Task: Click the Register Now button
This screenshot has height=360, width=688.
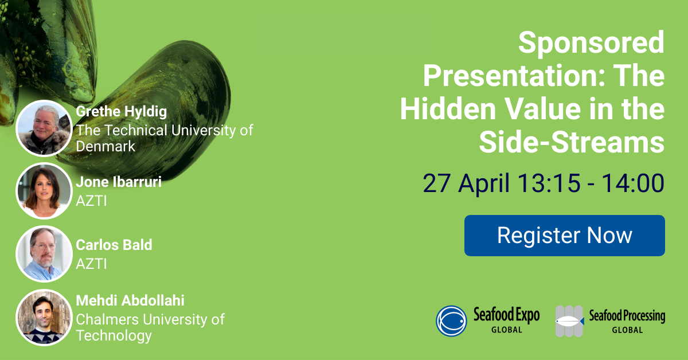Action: (x=565, y=236)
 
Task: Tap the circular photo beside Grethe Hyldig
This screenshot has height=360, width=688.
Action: (x=44, y=128)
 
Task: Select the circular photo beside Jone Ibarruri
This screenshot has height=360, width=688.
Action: (x=44, y=191)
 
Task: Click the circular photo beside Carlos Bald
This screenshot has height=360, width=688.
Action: (x=44, y=254)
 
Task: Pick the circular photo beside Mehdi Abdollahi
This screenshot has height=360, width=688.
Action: (x=44, y=318)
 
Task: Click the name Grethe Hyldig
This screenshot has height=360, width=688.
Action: (x=122, y=112)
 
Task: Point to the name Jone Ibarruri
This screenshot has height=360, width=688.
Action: (x=119, y=182)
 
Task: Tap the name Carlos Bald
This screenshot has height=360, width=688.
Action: (x=114, y=245)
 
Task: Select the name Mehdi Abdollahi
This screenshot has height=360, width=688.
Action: (x=130, y=300)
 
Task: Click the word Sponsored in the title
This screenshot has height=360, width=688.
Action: (x=592, y=43)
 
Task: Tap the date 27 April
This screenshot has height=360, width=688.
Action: (x=466, y=183)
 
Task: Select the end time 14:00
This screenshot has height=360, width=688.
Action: (x=633, y=183)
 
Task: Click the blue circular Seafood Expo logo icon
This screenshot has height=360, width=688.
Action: (x=452, y=321)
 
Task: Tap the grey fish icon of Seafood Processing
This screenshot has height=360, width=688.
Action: (x=570, y=321)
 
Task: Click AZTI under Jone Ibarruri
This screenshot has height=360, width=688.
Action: (x=91, y=201)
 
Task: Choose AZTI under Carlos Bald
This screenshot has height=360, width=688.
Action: (x=91, y=264)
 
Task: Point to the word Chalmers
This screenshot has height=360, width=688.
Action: (x=108, y=319)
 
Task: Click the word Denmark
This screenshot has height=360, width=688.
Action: (x=105, y=146)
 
